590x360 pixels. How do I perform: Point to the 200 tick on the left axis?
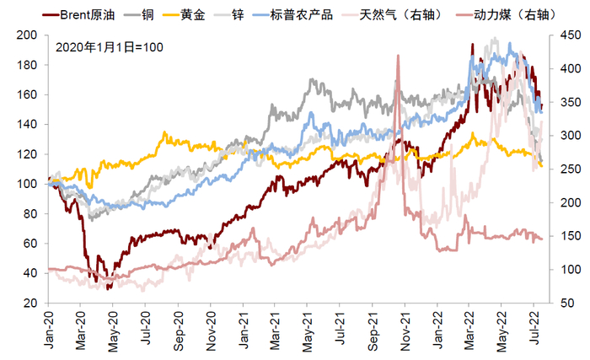(x=30, y=35)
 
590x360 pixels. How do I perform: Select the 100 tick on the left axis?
(x=30, y=184)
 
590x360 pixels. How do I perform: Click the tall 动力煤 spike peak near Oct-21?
(x=397, y=56)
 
